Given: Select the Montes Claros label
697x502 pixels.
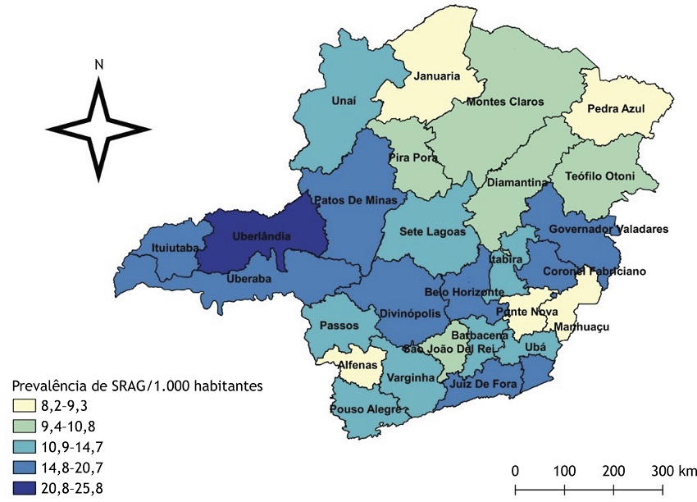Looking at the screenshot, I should (504, 102).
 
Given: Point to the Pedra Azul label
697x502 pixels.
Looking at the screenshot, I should (616, 108).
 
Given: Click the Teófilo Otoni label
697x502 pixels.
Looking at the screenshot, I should (605, 176).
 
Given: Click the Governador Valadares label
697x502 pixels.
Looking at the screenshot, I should (609, 229).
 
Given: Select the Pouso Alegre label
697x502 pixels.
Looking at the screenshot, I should (366, 409).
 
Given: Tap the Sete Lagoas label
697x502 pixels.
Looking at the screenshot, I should (439, 232).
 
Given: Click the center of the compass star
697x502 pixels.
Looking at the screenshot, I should (98, 129).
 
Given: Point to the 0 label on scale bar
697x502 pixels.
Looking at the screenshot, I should (515, 471).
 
